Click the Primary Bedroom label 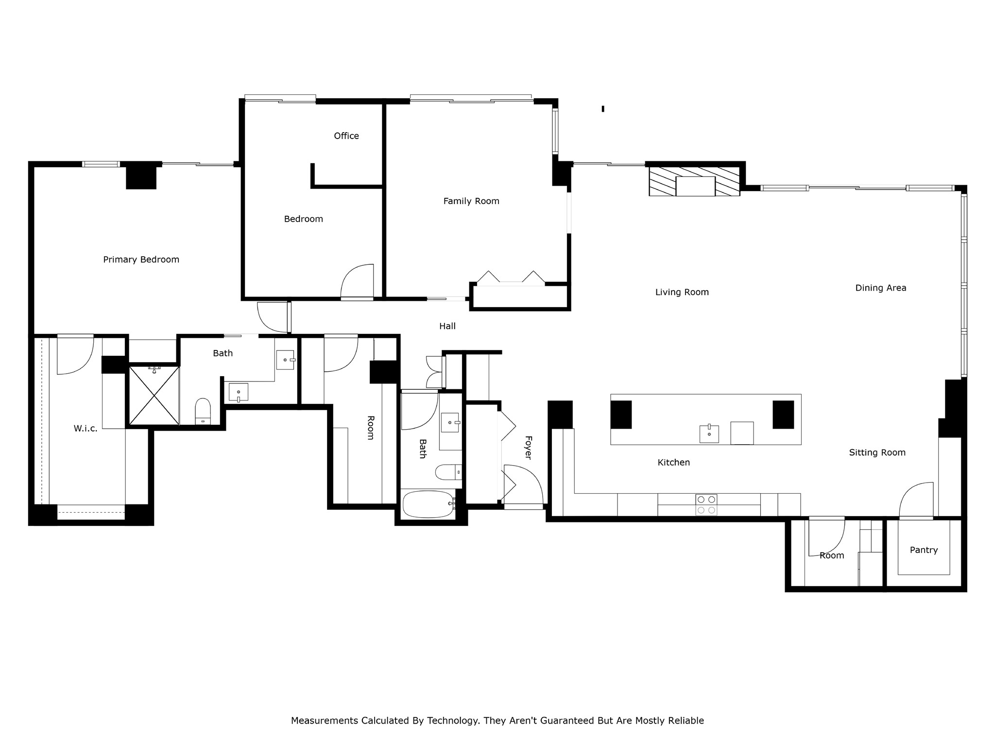(141, 260)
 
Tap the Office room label (346, 136)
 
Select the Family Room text (471, 201)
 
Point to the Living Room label (682, 292)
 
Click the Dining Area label (880, 288)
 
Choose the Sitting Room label (877, 452)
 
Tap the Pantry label (923, 550)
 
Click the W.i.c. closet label (86, 429)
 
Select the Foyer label (528, 447)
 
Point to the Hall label (447, 326)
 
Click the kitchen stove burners (706, 504)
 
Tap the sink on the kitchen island (709, 434)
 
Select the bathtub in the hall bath (428, 504)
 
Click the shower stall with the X (154, 396)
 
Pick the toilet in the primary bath (203, 411)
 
